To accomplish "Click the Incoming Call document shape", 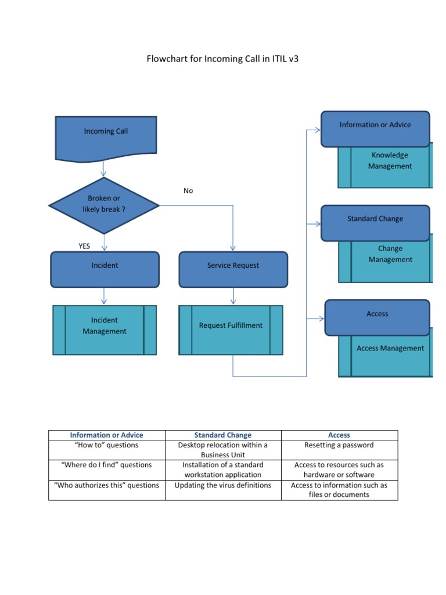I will click(x=106, y=135).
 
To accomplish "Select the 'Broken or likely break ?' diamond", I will click(x=104, y=204).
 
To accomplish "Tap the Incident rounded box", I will click(x=105, y=268).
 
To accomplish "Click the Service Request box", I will click(x=233, y=268).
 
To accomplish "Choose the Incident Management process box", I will click(x=105, y=329).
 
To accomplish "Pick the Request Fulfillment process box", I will click(x=231, y=329).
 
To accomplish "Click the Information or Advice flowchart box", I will click(x=375, y=128).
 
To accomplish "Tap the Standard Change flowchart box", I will click(x=375, y=222).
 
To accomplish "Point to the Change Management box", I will click(x=390, y=261).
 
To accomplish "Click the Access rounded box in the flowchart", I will click(x=377, y=317).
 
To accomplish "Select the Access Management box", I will click(x=390, y=354).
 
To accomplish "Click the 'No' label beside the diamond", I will click(x=188, y=191).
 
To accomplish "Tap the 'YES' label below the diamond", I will click(x=85, y=246).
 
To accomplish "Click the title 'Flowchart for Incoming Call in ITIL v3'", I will click(x=223, y=60).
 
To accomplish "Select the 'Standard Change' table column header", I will click(x=223, y=435).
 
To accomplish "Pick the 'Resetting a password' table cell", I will click(x=339, y=445).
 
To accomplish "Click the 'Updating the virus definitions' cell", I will click(x=223, y=485).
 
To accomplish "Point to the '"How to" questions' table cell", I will click(x=106, y=445).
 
